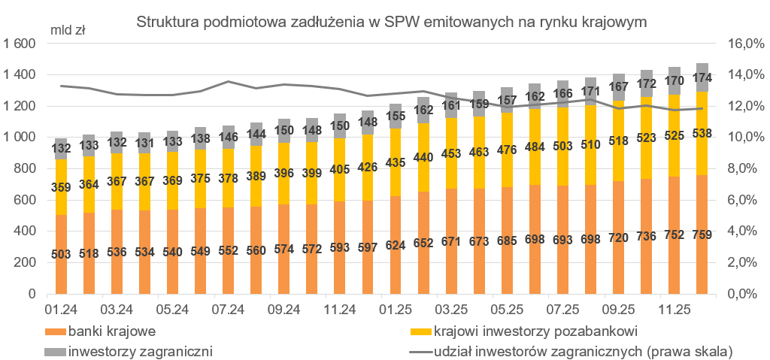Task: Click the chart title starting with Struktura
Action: point(391,22)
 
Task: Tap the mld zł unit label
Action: point(68,31)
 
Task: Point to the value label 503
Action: point(61,253)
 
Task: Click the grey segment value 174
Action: point(702,77)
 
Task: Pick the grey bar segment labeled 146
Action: point(228,137)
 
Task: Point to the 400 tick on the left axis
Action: point(26,231)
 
